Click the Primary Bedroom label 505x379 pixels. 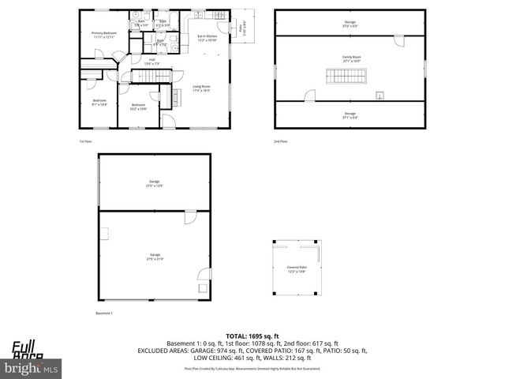(103, 35)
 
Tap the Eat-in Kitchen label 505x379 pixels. (208, 39)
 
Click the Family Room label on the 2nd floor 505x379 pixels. (350, 59)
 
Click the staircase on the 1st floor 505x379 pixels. (145, 75)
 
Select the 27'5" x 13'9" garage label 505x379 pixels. (154, 183)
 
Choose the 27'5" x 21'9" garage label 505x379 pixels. (154, 257)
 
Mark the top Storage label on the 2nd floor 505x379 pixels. (350, 23)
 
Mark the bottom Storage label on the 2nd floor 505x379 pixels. (350, 115)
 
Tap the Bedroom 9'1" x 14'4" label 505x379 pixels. (99, 103)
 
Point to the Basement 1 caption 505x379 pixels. (105, 313)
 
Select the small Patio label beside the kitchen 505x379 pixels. (241, 30)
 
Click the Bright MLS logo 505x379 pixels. (32, 368)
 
